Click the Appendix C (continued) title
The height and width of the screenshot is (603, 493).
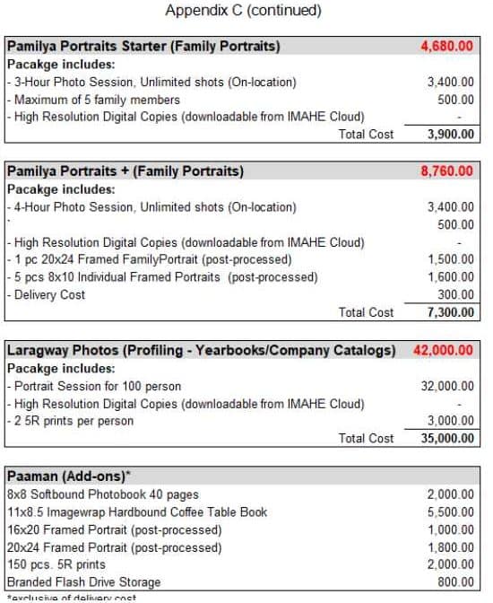click(x=243, y=12)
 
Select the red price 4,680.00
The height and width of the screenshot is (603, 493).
click(x=446, y=46)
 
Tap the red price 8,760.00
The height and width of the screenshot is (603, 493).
click(x=446, y=170)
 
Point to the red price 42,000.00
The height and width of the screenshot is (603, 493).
click(x=444, y=350)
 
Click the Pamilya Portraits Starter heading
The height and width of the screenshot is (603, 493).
click(x=143, y=46)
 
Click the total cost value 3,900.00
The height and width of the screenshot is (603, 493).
click(x=450, y=134)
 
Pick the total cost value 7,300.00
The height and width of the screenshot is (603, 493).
click(x=450, y=312)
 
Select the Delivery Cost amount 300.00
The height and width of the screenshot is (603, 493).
click(x=456, y=294)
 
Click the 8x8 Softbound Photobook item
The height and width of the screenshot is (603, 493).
click(x=102, y=494)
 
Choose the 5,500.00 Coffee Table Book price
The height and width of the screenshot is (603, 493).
click(x=450, y=511)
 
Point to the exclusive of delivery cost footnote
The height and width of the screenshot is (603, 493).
click(x=71, y=598)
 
